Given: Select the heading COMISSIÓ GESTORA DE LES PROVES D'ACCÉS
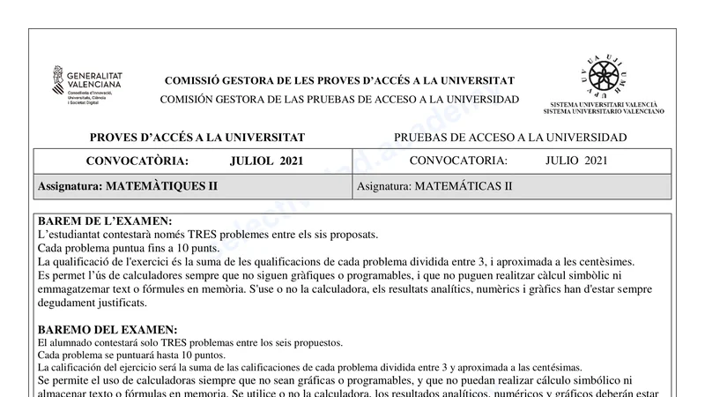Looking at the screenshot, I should (339, 81).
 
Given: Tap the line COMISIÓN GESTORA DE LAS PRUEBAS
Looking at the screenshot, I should (339, 99).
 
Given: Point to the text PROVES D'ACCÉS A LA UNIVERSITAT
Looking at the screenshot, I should (197, 138).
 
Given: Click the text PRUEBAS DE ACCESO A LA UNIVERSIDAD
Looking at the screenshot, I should (510, 138).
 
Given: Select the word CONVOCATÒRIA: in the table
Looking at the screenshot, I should (137, 161).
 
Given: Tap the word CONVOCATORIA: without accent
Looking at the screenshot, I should (458, 161).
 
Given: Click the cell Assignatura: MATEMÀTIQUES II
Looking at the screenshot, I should (127, 186).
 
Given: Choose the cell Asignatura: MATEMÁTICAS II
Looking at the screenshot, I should (434, 186).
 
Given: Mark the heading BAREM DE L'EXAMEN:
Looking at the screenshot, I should (105, 221).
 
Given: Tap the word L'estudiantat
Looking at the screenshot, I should (71, 234).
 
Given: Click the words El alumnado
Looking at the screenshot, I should (61, 343).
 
